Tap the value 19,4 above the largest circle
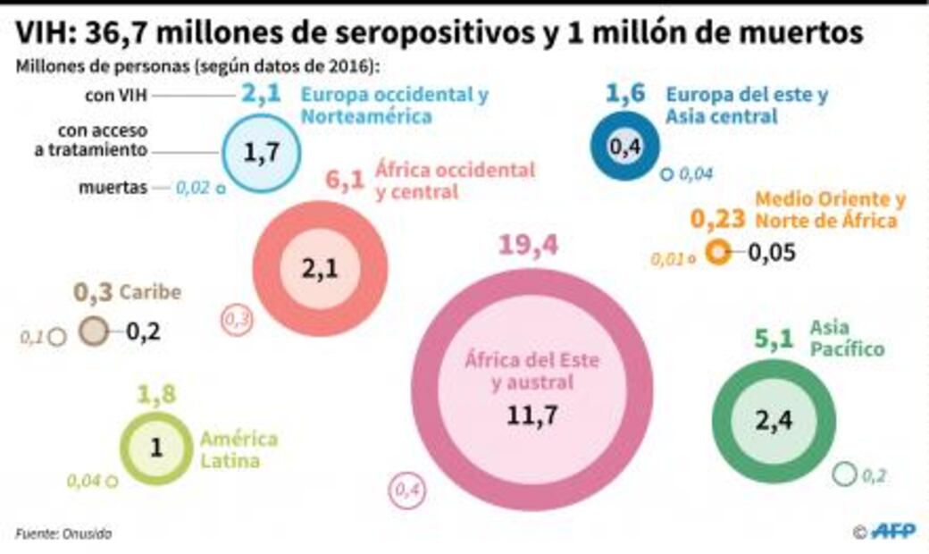point(528,245)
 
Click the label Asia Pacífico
point(847,339)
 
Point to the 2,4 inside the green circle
point(774,419)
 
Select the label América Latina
point(239,449)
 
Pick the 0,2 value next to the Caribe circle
point(143,332)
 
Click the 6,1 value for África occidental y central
point(344,180)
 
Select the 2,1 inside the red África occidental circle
point(320,269)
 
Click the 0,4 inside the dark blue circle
point(626,145)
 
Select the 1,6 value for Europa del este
point(626,94)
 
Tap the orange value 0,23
point(717,219)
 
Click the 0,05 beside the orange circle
point(771,253)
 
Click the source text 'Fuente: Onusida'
point(63,533)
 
